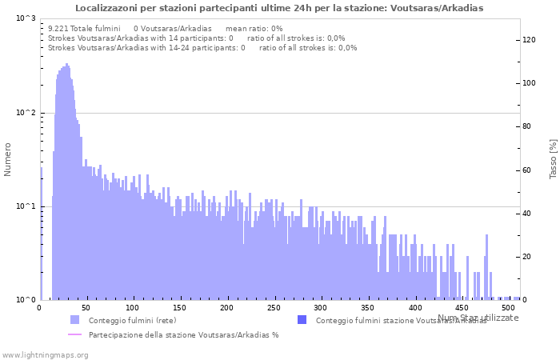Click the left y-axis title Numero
[8, 159]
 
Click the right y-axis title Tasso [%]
[553, 158]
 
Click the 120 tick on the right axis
[529, 40]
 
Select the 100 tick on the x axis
[134, 308]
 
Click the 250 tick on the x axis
[274, 308]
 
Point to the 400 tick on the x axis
[415, 308]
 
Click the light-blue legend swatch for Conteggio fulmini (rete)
[74, 320]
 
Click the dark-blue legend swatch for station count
[302, 320]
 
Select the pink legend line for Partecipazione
[74, 334]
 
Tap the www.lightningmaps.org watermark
[44, 354]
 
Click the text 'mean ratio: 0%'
[254, 28]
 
